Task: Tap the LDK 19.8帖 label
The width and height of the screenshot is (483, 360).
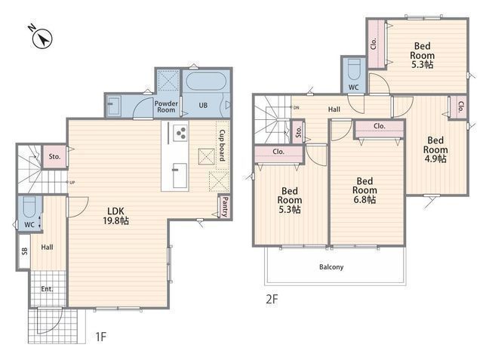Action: [x=115, y=216]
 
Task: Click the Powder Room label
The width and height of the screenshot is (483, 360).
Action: [x=166, y=106]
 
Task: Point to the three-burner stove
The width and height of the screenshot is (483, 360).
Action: [x=180, y=133]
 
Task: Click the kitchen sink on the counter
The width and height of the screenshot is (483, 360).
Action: [x=180, y=175]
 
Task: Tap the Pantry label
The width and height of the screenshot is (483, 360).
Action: [x=225, y=207]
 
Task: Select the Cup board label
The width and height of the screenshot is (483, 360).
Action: [x=222, y=145]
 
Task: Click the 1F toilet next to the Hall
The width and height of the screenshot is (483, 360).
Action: [x=30, y=207]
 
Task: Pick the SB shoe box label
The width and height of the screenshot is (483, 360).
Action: [x=25, y=251]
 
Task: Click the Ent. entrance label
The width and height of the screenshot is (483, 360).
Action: [x=47, y=289]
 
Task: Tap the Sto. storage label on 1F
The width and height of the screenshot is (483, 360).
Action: [x=54, y=156]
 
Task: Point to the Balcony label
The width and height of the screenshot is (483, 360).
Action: [x=331, y=266]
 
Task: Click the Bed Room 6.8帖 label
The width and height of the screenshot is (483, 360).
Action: [x=365, y=190]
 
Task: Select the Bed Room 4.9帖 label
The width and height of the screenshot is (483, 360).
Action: [x=435, y=149]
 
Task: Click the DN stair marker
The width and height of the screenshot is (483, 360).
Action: [x=296, y=107]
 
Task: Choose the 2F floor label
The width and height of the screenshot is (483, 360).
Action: [x=272, y=299]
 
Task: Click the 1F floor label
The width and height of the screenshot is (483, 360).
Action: [x=100, y=337]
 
